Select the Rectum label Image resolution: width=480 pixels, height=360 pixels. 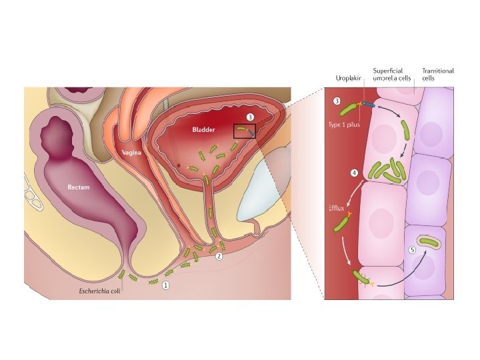click(x=79, y=187)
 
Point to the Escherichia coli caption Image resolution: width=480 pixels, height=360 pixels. click(x=99, y=291)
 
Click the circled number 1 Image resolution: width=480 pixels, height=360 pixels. click(x=166, y=285)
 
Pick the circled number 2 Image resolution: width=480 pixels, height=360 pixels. click(x=219, y=255)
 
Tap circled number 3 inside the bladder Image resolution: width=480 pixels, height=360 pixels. click(x=250, y=117)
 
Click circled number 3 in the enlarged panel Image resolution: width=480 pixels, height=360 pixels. click(x=337, y=102)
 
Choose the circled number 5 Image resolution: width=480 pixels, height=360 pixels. click(x=413, y=250)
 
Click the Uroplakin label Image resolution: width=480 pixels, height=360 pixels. click(x=348, y=79)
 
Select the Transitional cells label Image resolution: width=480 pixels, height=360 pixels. click(x=438, y=74)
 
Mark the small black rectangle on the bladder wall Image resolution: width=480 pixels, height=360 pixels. click(x=245, y=131)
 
